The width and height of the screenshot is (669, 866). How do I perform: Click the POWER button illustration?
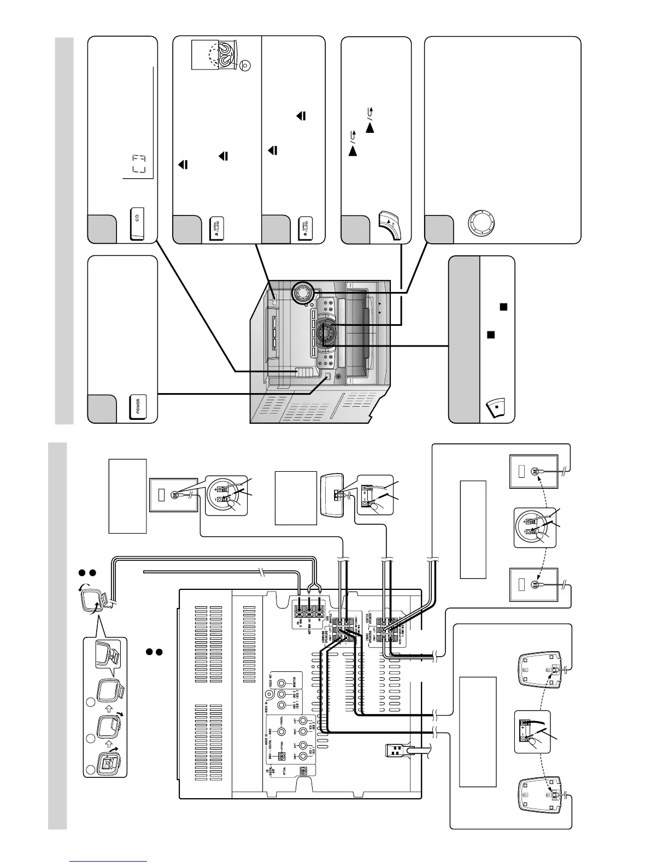tap(138, 407)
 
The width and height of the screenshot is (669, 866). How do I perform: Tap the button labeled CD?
tap(137, 224)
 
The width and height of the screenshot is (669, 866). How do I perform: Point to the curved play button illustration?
tap(390, 225)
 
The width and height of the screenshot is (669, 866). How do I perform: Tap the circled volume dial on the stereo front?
tap(300, 294)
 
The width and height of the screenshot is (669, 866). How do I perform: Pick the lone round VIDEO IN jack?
tap(268, 694)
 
